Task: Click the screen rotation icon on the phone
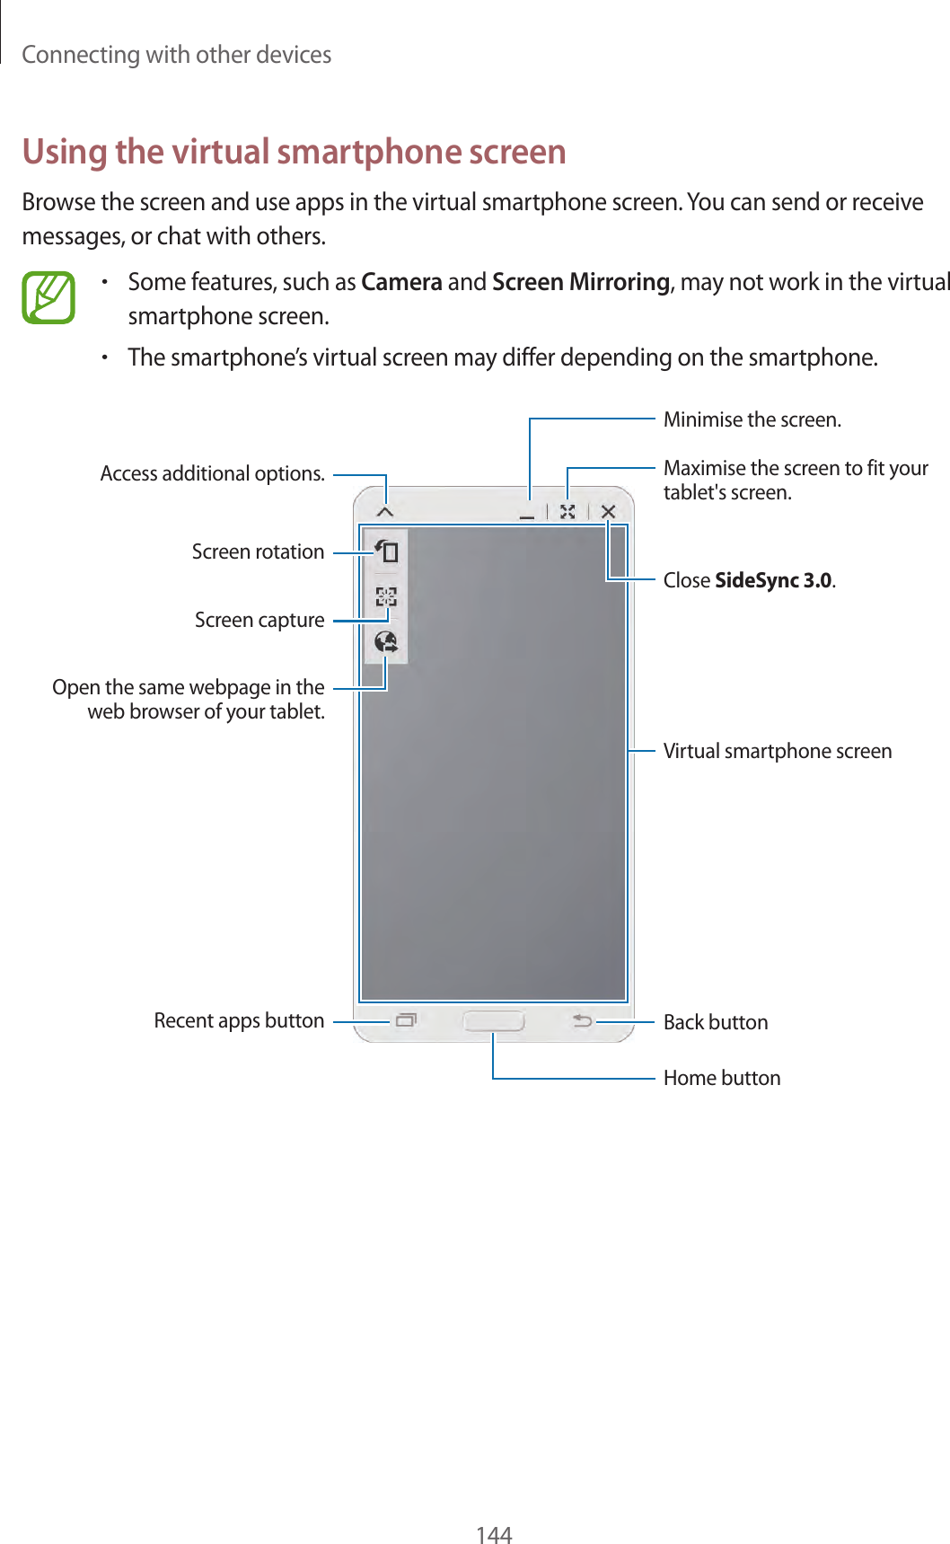click(386, 551)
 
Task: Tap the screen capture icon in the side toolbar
click(386, 596)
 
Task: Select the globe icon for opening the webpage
click(386, 641)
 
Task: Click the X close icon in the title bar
click(608, 511)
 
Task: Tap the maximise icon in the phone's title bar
click(567, 511)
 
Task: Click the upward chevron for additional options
click(385, 511)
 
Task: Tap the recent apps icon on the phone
click(406, 1020)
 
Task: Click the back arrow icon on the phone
click(583, 1020)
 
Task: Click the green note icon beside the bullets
click(48, 297)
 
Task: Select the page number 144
click(494, 1534)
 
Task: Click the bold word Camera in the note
click(401, 282)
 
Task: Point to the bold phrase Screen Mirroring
click(581, 282)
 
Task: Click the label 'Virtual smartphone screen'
click(777, 751)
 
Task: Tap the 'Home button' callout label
click(722, 1078)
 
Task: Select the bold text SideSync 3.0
click(773, 580)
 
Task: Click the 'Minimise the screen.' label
click(752, 419)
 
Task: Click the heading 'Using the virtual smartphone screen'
click(294, 152)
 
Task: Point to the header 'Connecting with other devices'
click(177, 55)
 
